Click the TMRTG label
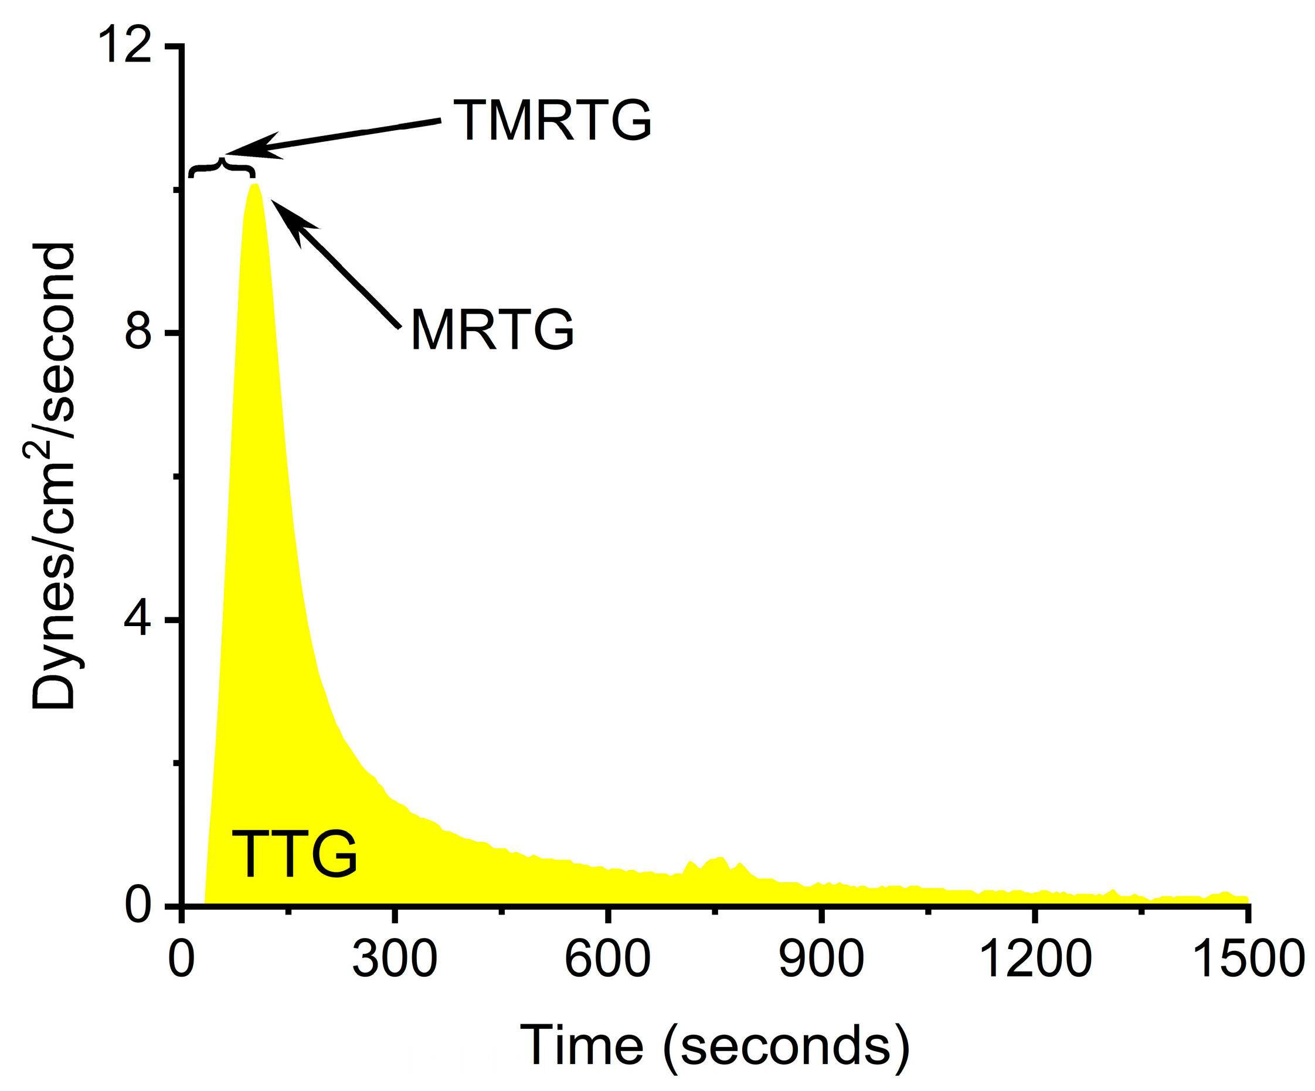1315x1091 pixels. pyautogui.click(x=552, y=120)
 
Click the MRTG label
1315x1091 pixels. pyautogui.click(x=492, y=329)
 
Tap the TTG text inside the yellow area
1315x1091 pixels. pyautogui.click(x=294, y=854)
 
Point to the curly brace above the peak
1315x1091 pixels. pyautogui.click(x=222, y=168)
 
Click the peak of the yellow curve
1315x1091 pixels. pyautogui.click(x=254, y=186)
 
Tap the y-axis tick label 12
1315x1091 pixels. pyautogui.click(x=125, y=45)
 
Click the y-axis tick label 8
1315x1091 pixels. pyautogui.click(x=138, y=332)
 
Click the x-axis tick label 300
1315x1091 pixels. pyautogui.click(x=395, y=959)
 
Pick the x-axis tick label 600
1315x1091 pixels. pyautogui.click(x=607, y=959)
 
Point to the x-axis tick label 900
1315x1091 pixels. pyautogui.click(x=821, y=959)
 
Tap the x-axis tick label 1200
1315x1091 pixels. pyautogui.click(x=1034, y=959)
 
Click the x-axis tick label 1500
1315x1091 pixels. pyautogui.click(x=1248, y=959)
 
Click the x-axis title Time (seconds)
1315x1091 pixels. pyautogui.click(x=715, y=1045)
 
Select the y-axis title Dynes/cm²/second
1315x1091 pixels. pyautogui.click(x=53, y=476)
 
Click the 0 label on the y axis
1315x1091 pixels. pyautogui.click(x=138, y=905)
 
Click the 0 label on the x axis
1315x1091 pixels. pyautogui.click(x=182, y=959)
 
